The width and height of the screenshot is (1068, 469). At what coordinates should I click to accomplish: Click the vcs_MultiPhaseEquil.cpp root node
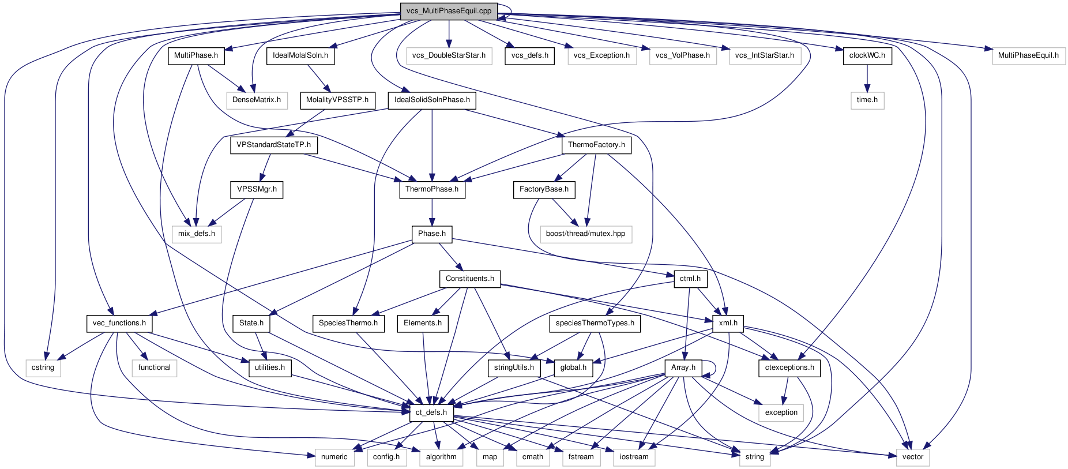point(449,11)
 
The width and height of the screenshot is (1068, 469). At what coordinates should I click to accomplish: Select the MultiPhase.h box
point(196,55)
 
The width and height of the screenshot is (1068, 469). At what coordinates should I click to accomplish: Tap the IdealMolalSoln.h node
point(300,55)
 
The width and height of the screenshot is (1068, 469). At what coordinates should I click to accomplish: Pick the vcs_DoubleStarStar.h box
point(449,55)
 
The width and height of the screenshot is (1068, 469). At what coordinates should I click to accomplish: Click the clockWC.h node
point(867,55)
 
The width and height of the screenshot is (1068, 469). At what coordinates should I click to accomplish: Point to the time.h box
point(867,100)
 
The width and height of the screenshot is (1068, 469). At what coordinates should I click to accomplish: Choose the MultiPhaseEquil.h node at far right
point(1028,55)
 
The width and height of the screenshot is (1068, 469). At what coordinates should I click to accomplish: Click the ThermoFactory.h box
point(596,145)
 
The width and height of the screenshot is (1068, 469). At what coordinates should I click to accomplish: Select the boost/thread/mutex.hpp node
point(585,234)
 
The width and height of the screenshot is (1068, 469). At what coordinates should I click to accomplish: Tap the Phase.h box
point(432,234)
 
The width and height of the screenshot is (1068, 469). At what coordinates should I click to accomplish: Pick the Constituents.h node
point(469,279)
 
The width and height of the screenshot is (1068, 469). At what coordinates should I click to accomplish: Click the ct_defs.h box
point(431,412)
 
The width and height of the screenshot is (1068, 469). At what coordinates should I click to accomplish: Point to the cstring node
point(43,367)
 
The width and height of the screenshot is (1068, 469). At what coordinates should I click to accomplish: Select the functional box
point(154,367)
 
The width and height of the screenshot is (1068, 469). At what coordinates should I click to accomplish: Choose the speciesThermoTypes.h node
point(595,323)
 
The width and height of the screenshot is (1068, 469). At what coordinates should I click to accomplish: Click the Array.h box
point(683,367)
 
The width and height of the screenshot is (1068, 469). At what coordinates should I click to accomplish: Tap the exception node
point(781,412)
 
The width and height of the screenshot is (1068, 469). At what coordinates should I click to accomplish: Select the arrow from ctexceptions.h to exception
point(785,390)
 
